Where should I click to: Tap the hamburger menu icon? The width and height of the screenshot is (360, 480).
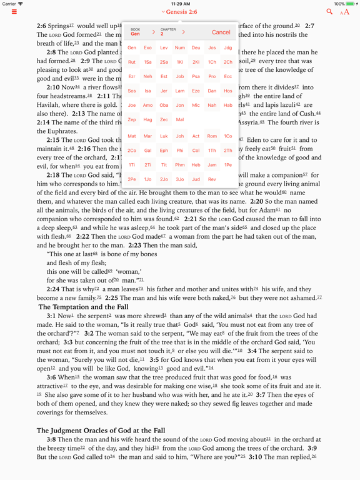pos(14,12)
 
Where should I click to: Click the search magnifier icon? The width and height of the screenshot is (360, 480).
pos(329,12)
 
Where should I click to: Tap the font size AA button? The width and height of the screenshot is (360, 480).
pos(345,12)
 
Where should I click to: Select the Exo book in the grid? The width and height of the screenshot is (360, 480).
pos(148,47)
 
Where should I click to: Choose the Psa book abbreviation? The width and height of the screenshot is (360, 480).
pos(196,76)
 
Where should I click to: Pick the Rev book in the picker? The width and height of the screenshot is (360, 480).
pos(212,179)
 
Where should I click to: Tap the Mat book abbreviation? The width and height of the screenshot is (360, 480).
pos(132,136)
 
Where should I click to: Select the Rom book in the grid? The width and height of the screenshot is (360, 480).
pos(212,136)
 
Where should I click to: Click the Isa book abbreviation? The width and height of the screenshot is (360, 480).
pos(148,91)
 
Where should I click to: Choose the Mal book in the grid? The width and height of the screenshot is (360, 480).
pos(180,119)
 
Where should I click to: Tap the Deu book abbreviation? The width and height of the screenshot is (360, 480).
pos(196,47)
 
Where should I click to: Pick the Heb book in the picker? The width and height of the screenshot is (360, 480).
pos(196,164)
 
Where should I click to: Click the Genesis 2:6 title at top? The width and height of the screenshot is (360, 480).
pos(179,12)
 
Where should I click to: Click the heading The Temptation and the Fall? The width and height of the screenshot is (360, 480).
pos(83,307)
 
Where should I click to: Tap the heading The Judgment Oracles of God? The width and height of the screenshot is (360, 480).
pos(100,431)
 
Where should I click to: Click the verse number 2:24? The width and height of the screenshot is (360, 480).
pos(53,289)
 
